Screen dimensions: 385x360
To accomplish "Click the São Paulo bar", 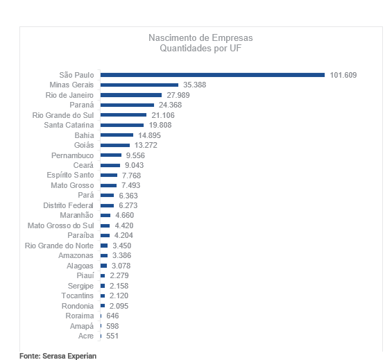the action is pos(212,75).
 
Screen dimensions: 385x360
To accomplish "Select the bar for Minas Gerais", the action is pos(139,85).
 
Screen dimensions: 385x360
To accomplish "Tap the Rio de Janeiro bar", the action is pos(131,95).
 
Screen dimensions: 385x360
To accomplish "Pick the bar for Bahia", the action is pos(117,135).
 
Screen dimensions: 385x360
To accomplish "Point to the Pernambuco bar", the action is pos(111,155).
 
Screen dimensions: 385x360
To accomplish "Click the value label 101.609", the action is pos(343,75).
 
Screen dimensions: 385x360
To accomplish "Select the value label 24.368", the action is pos(170,105).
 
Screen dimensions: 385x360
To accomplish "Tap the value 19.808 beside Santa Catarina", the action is pos(160,125).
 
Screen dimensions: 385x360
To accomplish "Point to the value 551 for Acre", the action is pos(112,336).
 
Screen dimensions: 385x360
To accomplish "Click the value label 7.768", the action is pos(131,175).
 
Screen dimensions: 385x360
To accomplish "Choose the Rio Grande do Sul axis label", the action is pos(63,115).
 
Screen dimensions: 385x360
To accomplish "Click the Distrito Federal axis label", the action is pos(68,205).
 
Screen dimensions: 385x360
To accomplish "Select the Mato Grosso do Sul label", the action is pos(60,225).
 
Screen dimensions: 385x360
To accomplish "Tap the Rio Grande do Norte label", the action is pos(59,246).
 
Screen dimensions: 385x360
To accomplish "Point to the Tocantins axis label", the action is pos(77,295).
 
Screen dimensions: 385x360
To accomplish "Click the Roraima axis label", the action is pos(80,316).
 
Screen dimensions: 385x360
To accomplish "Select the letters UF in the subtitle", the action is pos(235,48).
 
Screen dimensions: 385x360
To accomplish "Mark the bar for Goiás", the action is pos(115,145).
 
